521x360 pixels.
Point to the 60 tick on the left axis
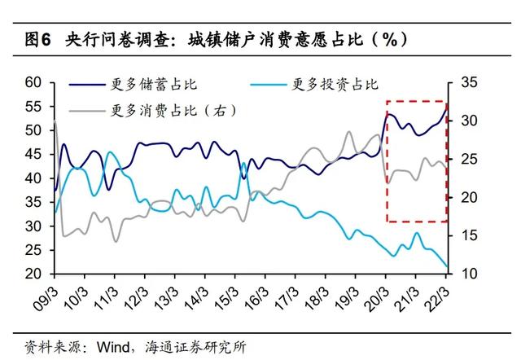coord(33,82)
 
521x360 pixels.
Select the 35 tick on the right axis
coord(471,82)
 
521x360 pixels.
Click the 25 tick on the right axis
coord(471,159)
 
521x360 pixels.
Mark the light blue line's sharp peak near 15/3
coord(243,164)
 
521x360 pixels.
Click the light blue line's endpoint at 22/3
coord(447,266)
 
